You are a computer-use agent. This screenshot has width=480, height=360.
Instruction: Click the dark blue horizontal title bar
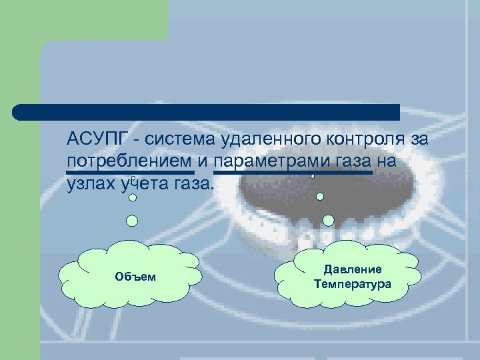pos(207,111)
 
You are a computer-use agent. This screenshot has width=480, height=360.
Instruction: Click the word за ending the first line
pos(417,141)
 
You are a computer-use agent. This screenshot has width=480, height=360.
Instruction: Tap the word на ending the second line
pos(387,162)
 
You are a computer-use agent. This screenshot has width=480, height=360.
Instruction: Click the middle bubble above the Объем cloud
pos(133,197)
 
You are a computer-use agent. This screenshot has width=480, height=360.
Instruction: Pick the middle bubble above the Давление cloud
pos(320,197)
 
